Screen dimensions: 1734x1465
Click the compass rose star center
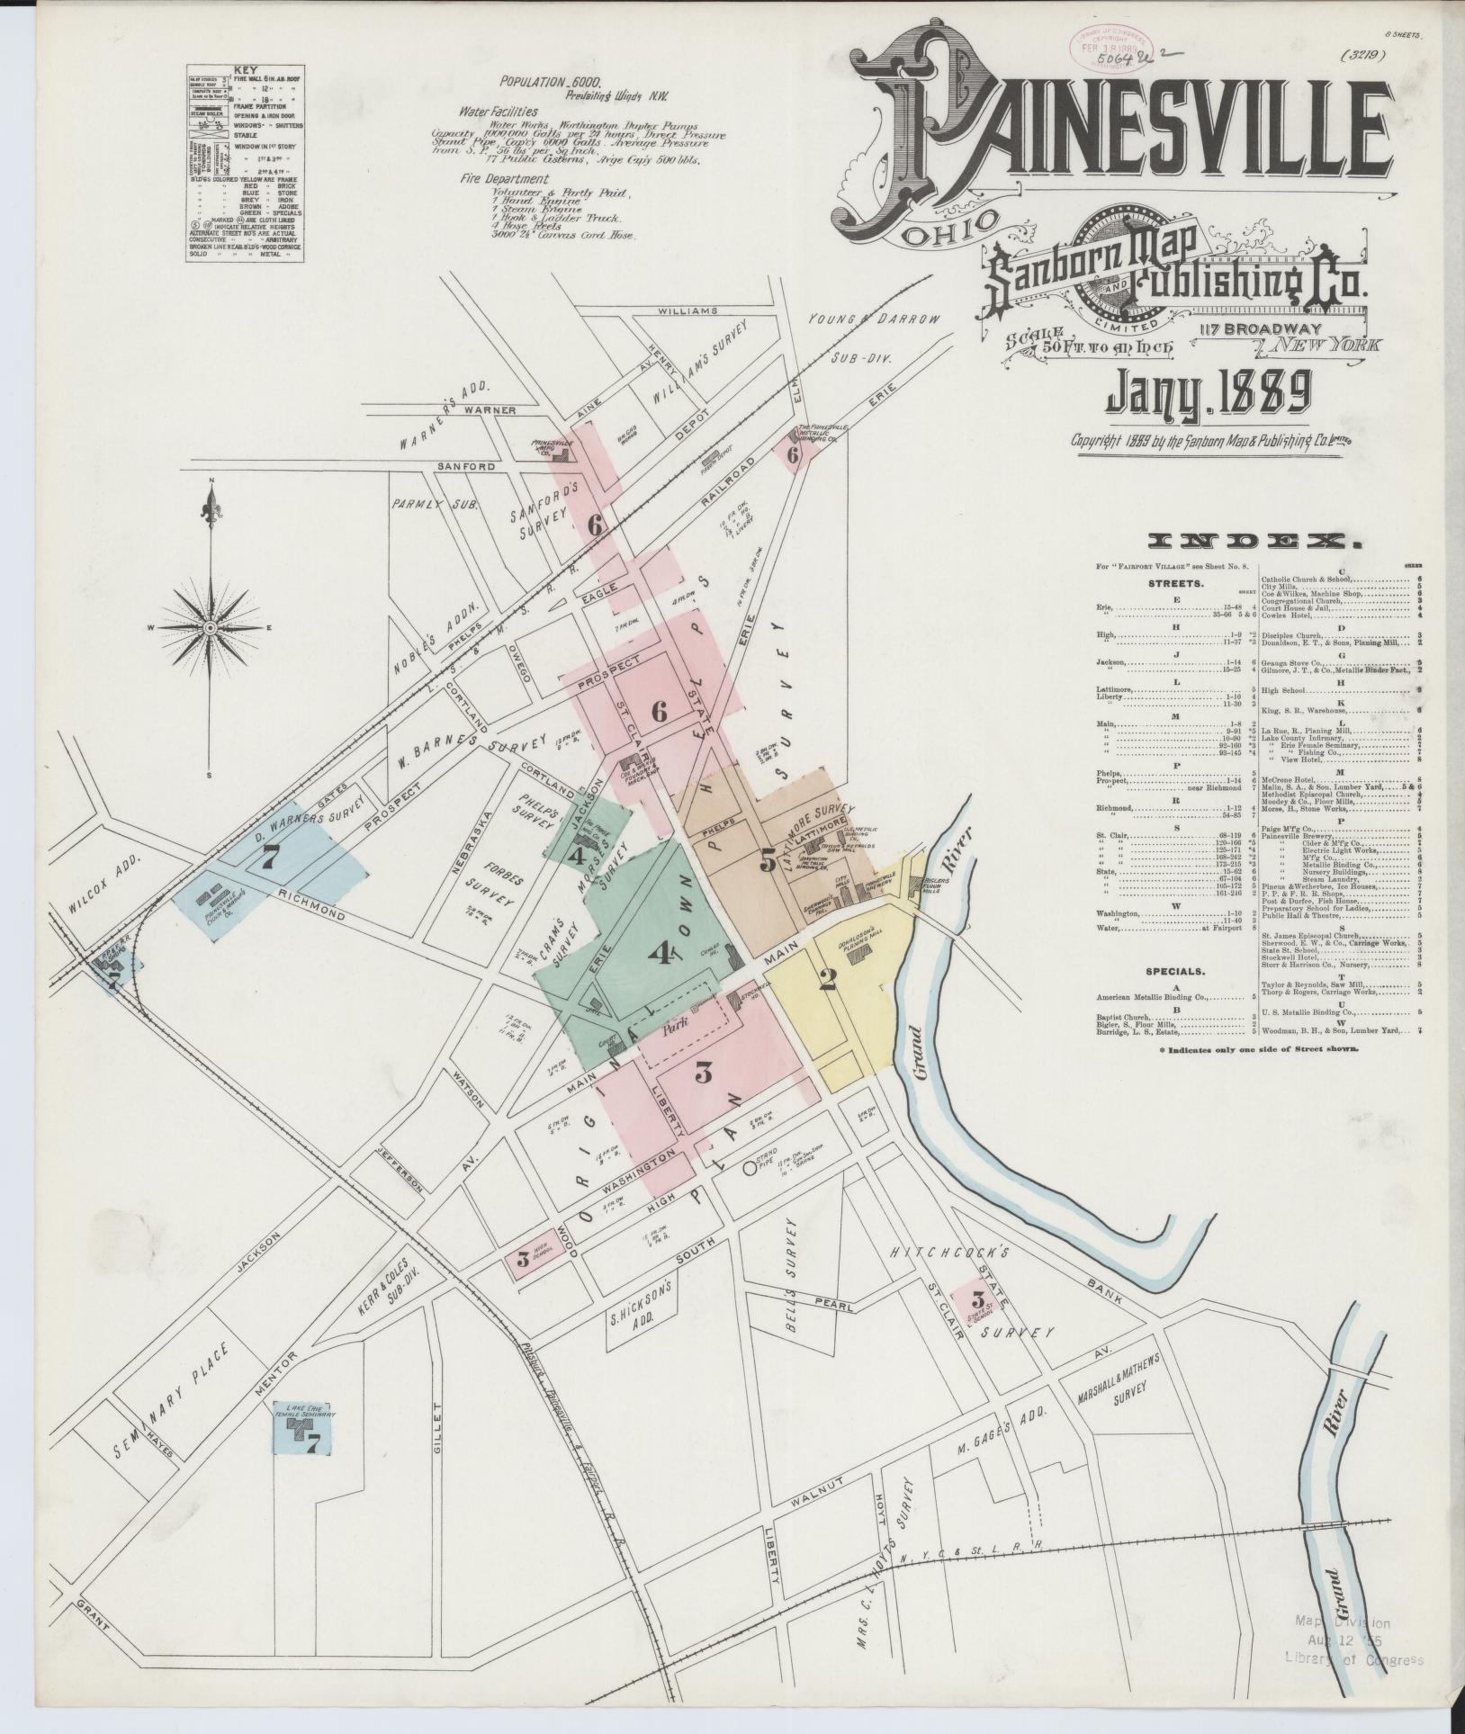pyautogui.click(x=210, y=626)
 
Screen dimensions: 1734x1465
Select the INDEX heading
pyautogui.click(x=1254, y=542)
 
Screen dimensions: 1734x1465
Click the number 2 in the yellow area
pyautogui.click(x=828, y=979)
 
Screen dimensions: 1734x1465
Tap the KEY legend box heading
pyautogui.click(x=244, y=69)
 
